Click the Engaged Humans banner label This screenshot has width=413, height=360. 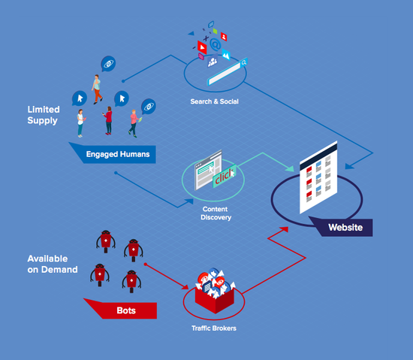pos(118,154)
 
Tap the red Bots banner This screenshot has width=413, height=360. pos(126,310)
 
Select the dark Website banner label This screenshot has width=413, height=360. pos(345,227)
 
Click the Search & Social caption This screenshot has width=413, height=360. pos(215,101)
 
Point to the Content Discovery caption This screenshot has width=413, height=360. pos(216,213)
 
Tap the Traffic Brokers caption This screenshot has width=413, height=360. pos(214,328)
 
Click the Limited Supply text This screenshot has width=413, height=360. pos(44,115)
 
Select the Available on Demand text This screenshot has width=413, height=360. pos(53,264)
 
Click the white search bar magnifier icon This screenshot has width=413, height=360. pos(244,62)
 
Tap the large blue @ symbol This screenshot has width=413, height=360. pos(216,44)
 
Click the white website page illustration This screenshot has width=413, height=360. pos(318,177)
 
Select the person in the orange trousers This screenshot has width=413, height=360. pos(97,89)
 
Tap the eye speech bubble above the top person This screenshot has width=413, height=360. pos(108,64)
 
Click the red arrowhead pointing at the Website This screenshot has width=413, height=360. pos(284,230)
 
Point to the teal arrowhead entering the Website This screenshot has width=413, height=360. pos(290,168)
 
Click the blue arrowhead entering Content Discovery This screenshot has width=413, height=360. pos(188,202)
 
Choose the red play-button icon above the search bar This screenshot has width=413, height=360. pos(202,47)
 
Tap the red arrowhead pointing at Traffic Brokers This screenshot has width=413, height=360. pos(185,286)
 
